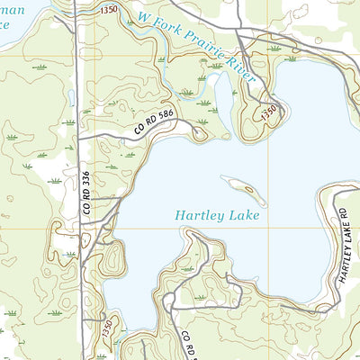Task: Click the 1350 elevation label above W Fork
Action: point(109,8)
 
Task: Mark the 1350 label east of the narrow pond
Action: point(268,112)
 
